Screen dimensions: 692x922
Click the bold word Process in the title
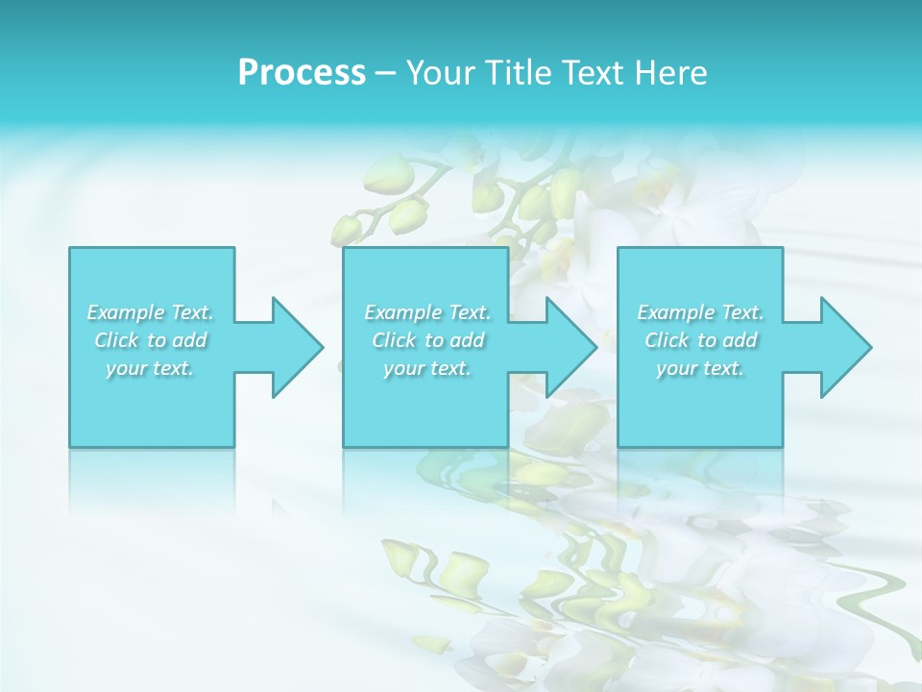(302, 73)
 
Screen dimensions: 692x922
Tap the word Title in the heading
(517, 73)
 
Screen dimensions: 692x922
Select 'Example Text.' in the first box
(151, 312)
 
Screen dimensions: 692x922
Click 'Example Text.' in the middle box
(427, 312)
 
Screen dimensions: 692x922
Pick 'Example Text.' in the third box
(700, 312)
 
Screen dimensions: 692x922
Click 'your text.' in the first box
(151, 368)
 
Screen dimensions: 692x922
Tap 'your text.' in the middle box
(427, 368)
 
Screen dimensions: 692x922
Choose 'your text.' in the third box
(700, 368)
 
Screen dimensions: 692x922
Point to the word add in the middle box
(467, 340)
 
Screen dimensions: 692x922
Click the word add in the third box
(740, 340)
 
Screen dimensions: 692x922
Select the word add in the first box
(190, 340)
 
